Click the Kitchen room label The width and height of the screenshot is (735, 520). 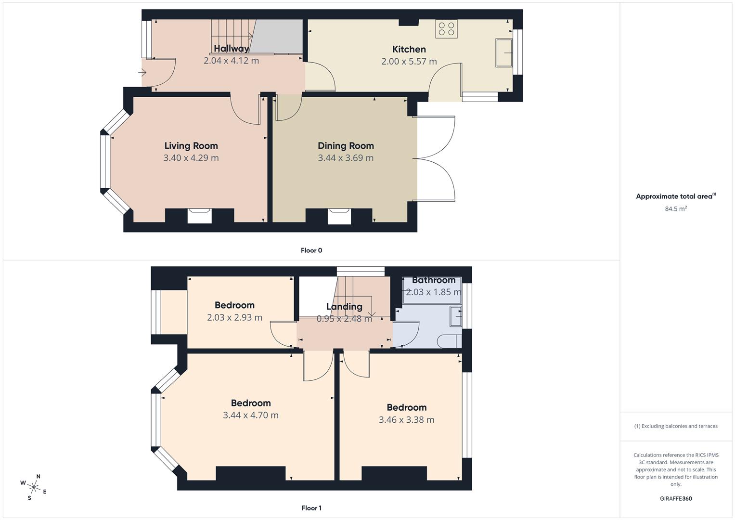click(409, 49)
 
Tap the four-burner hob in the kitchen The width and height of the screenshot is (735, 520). click(446, 28)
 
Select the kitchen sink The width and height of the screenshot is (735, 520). click(504, 52)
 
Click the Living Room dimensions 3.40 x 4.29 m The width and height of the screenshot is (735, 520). click(191, 158)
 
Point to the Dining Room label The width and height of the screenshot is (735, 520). click(346, 146)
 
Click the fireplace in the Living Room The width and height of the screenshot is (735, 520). click(199, 215)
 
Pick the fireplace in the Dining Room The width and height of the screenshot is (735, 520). click(339, 216)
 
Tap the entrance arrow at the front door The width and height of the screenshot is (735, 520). click(142, 73)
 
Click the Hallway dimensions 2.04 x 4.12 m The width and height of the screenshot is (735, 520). click(231, 61)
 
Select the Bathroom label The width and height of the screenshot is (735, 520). click(433, 280)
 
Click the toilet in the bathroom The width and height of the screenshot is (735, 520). click(448, 341)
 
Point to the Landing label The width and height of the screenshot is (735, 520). click(344, 307)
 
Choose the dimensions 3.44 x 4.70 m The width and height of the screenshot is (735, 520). click(250, 415)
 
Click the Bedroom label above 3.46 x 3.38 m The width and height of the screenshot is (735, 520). click(406, 407)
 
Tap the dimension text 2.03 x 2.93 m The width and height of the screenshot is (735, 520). click(234, 317)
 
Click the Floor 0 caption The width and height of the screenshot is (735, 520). click(311, 250)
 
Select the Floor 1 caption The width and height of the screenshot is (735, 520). click(311, 508)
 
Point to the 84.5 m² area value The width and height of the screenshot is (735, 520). click(676, 208)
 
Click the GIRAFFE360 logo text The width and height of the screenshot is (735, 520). click(676, 499)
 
